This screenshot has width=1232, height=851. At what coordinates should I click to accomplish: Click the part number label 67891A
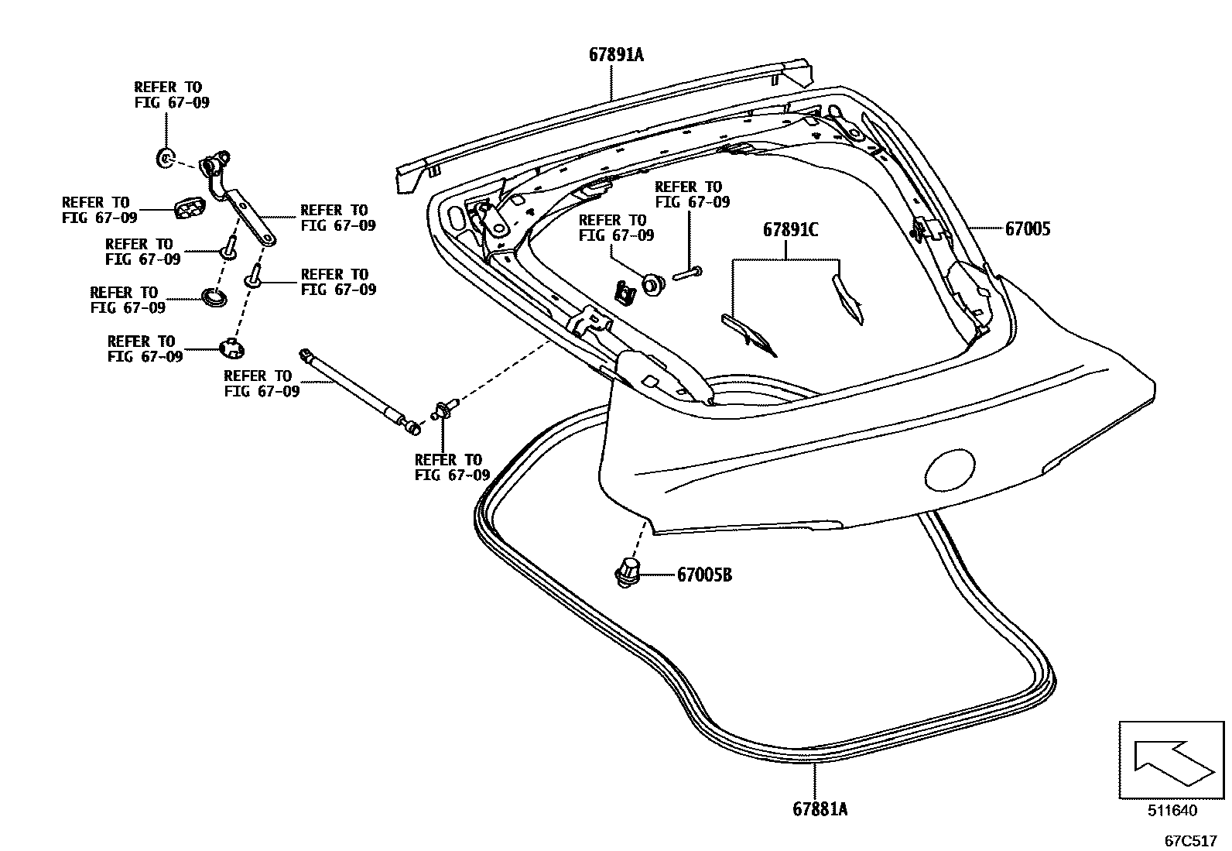(616, 55)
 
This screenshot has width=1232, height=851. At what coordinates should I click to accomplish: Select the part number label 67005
(1028, 229)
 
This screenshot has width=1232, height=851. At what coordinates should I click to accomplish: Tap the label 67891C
(790, 230)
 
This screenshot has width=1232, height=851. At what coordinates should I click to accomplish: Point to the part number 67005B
(704, 575)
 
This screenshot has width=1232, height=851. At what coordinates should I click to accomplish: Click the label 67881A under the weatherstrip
(820, 809)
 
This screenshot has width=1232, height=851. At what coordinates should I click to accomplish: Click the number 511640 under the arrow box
(1172, 811)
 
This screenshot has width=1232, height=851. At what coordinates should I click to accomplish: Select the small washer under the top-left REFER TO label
(164, 159)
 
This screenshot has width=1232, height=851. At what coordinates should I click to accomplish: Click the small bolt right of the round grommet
(687, 272)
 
